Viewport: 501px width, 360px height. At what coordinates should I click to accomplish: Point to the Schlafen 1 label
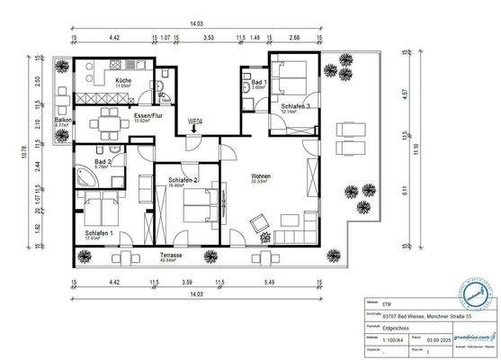point(100,233)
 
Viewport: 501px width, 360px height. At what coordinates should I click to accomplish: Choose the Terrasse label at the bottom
point(173,256)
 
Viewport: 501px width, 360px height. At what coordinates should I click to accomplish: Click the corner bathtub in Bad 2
point(87,176)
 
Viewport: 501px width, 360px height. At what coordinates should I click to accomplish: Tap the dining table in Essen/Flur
point(112,118)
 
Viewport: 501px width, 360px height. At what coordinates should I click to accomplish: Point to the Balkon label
point(62,121)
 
